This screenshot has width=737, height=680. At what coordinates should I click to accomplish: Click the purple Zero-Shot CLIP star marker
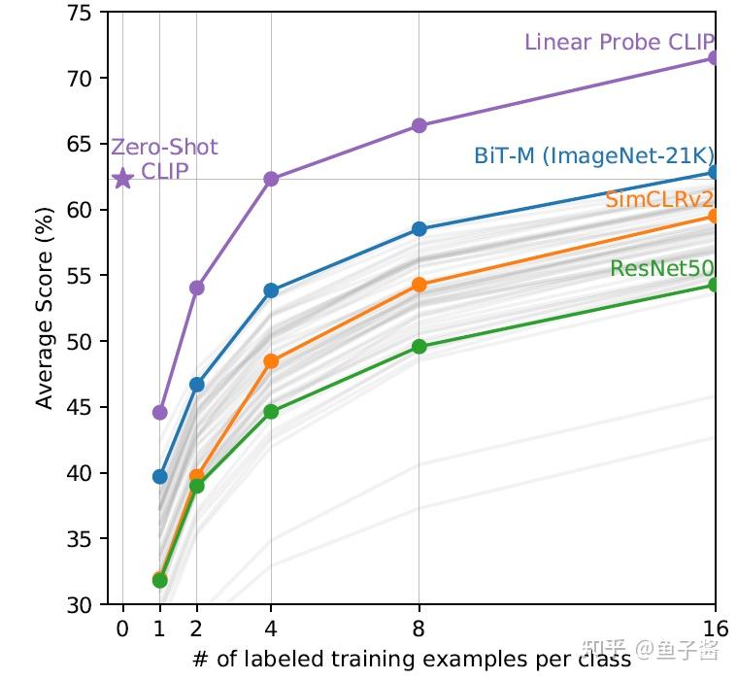[122, 179]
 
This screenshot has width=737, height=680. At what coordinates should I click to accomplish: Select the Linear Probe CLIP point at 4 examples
[271, 179]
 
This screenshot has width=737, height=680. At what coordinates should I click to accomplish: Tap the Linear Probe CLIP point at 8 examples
[419, 125]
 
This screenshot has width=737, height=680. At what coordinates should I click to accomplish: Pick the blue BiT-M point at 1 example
[159, 476]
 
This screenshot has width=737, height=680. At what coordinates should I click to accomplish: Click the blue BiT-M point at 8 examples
[419, 228]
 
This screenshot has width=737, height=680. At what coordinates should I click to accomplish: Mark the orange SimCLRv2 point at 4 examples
[271, 361]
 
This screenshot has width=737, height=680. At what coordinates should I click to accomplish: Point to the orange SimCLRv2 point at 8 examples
[419, 285]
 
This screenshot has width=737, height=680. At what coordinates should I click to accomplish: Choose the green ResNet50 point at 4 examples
[271, 411]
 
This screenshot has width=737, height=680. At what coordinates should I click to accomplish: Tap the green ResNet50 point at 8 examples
[419, 346]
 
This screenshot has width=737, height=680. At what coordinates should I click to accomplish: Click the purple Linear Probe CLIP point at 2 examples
[197, 288]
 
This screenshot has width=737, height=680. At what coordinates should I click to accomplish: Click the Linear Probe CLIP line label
[619, 42]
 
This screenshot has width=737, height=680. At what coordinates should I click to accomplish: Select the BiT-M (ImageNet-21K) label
[594, 155]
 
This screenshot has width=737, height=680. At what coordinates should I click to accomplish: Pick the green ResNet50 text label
[662, 269]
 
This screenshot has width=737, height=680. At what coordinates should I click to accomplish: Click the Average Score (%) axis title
[45, 309]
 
